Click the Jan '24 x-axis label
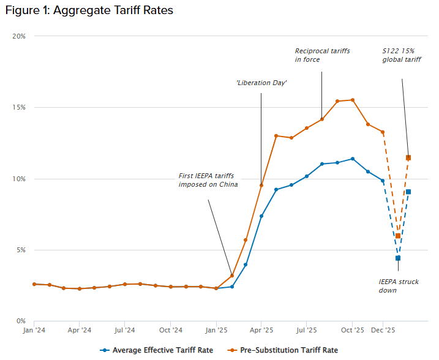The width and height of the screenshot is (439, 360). click(x=34, y=331)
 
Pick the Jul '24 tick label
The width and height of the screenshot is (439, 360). click(x=124, y=331)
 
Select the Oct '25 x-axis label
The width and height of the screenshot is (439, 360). click(x=352, y=331)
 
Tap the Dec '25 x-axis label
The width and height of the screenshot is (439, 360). click(x=383, y=331)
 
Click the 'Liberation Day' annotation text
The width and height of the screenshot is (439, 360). click(x=261, y=83)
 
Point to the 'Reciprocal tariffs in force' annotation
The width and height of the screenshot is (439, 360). click(x=322, y=56)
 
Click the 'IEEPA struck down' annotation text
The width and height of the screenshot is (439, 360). click(x=399, y=286)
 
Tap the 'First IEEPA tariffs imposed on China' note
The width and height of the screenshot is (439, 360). click(x=208, y=180)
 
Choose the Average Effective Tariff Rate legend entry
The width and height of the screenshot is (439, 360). click(x=158, y=350)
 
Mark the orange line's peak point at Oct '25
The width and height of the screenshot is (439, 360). click(x=352, y=100)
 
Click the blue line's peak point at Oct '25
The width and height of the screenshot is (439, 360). click(x=352, y=159)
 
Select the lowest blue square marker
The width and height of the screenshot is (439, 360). click(x=398, y=258)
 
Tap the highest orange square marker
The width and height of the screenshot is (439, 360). click(x=408, y=157)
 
